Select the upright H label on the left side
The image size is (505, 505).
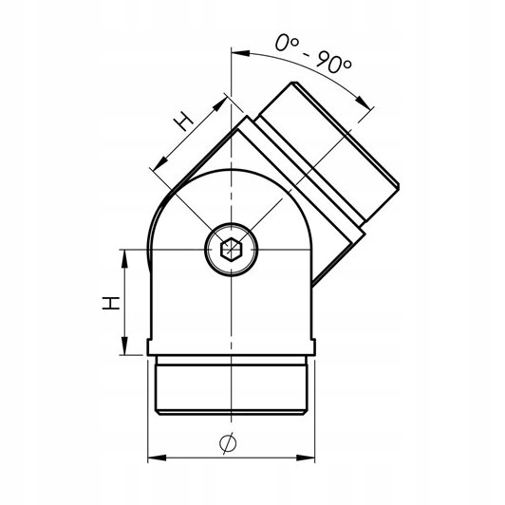(x=111, y=303)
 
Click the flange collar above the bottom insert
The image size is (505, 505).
(x=232, y=346)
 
